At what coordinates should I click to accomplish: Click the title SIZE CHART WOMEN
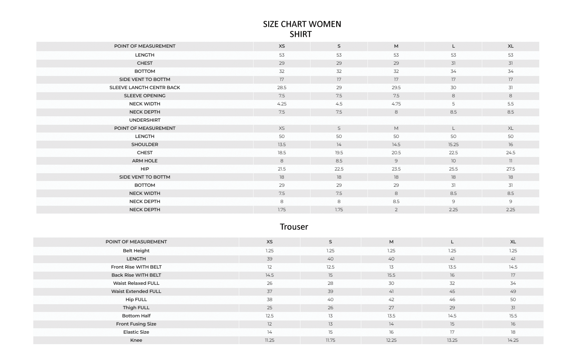pos(302,24)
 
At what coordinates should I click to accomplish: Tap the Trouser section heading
pos(294,227)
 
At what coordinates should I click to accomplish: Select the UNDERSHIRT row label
pos(145,120)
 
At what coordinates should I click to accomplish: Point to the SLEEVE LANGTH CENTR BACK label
pos(145,88)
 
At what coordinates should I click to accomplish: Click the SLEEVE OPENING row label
pos(145,96)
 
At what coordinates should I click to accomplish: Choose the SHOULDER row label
pos(145,145)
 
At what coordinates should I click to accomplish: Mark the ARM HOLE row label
pos(145,161)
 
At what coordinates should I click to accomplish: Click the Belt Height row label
pos(136,251)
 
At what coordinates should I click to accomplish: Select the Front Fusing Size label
pos(136,324)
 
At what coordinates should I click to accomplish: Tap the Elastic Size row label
pos(136,332)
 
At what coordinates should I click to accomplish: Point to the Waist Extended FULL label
pos(136,291)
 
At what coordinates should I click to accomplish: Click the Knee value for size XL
pos(513,340)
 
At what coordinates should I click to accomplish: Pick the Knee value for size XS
pos(269,340)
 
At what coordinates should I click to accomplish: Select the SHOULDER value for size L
pos(453,145)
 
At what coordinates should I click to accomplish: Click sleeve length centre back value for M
pos(396,88)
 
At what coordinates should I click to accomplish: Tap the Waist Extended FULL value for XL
pos(513,291)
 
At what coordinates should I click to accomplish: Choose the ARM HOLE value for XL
pos(511,161)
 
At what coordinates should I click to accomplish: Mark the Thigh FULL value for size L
pos(452,308)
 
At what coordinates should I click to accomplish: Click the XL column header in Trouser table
pos(513,242)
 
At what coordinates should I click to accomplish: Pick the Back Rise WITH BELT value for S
pos(330,275)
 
